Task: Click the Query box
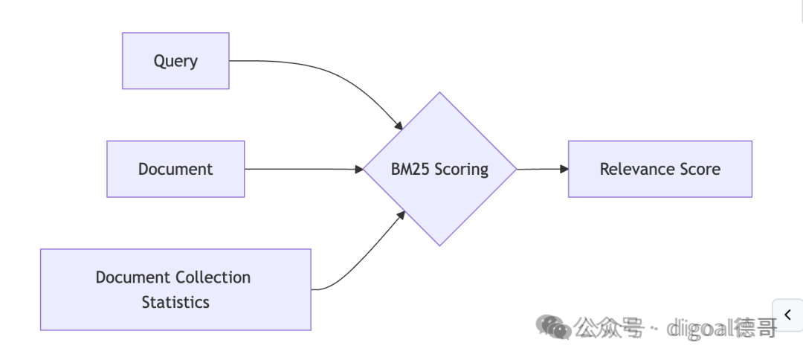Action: pyautogui.click(x=175, y=61)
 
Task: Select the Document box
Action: pyautogui.click(x=175, y=169)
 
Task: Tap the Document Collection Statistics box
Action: pyautogui.click(x=175, y=289)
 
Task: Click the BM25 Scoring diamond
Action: pyautogui.click(x=439, y=169)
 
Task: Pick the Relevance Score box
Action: pyautogui.click(x=660, y=169)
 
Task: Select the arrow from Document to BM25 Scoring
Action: pyautogui.click(x=303, y=169)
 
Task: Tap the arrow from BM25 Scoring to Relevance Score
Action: pyautogui.click(x=543, y=169)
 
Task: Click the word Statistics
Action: pyautogui.click(x=175, y=302)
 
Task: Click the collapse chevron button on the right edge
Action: pyautogui.click(x=787, y=315)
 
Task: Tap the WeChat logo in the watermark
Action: pyautogui.click(x=554, y=327)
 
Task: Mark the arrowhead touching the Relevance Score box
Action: pyautogui.click(x=564, y=169)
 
